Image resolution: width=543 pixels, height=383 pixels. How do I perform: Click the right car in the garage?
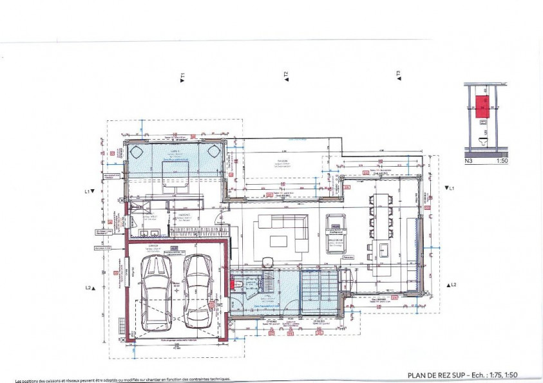pos(197,290)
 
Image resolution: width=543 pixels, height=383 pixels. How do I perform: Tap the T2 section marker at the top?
pos(285,76)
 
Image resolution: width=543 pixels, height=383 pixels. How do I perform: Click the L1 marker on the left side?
pos(89,191)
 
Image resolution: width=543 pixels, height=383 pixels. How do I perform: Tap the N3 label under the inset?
pos(470,162)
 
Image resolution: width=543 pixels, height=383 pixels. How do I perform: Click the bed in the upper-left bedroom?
pos(175,174)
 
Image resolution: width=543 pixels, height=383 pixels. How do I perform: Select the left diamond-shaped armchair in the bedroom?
pos(137,152)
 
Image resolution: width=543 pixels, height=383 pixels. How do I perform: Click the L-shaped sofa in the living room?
pos(283,232)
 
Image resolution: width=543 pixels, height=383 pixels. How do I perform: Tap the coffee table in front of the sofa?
pos(278,240)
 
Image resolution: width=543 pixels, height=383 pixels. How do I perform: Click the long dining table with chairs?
pos(380,212)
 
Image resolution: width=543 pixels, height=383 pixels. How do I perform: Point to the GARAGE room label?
pos(155,245)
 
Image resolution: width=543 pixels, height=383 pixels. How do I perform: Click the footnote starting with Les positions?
pos(122,379)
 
